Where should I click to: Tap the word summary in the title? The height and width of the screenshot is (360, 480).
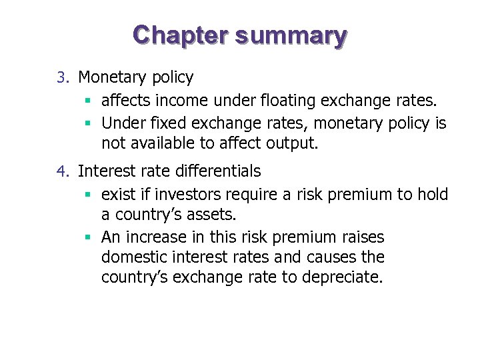click(290, 36)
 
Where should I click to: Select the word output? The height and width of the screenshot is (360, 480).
click(294, 143)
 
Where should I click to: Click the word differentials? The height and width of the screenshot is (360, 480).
click(217, 171)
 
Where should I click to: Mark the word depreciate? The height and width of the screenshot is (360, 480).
click(342, 277)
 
